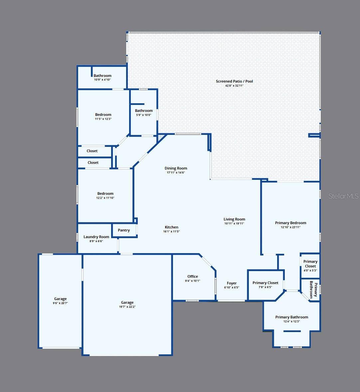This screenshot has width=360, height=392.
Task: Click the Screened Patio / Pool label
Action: [234, 81]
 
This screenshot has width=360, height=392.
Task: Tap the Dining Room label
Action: [176, 168]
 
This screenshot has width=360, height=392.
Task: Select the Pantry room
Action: [124, 230]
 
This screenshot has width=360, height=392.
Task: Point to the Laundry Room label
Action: [96, 237]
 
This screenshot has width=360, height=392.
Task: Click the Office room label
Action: [193, 276]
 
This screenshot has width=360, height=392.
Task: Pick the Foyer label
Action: [232, 283]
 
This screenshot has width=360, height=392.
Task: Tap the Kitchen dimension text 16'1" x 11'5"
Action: [171, 231]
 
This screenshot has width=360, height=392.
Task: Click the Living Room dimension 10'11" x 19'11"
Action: [234, 223]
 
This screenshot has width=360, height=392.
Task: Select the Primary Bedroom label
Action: [290, 223]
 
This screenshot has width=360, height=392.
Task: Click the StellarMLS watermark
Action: [343, 196]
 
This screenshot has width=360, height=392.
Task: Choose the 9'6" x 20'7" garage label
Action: [60, 303]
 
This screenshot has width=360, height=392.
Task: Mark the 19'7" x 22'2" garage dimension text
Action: [127, 307]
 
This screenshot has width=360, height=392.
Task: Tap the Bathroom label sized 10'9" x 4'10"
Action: [102, 76]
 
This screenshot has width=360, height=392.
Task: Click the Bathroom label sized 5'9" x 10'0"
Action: [144, 111]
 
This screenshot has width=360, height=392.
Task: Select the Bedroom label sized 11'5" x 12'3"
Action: [103, 115]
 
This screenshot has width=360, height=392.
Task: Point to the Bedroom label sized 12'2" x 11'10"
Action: [105, 194]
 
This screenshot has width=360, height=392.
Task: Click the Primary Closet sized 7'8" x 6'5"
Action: [265, 283]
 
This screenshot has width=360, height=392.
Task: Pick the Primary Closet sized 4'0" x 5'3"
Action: [310, 264]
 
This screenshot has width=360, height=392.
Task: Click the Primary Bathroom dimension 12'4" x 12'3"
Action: [291, 321]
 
